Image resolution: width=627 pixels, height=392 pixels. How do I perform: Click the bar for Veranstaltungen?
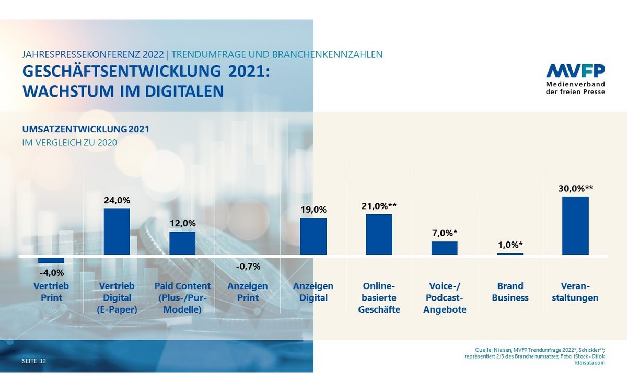click(575, 226)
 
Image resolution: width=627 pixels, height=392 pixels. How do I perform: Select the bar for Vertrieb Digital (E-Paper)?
click(117, 232)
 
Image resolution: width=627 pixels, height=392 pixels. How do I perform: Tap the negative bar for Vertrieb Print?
click(51, 260)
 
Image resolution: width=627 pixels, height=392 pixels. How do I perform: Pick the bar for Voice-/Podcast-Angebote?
click(444, 248)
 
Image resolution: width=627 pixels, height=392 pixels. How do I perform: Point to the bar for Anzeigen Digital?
click(313, 236)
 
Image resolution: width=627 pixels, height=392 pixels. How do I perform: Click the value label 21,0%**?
click(379, 206)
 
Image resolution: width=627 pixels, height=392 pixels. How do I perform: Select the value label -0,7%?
click(248, 266)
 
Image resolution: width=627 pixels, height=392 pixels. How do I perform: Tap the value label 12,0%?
click(182, 223)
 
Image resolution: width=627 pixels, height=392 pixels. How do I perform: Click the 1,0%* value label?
click(510, 245)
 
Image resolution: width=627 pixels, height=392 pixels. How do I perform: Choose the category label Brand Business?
click(510, 292)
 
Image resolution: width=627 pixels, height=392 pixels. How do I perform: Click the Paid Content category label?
click(182, 297)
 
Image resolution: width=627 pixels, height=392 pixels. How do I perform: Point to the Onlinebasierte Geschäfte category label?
click(379, 297)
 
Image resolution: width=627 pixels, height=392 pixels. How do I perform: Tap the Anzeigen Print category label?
click(248, 292)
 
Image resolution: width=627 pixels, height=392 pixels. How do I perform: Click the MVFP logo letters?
click(575, 71)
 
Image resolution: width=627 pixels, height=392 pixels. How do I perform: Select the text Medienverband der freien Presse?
click(575, 88)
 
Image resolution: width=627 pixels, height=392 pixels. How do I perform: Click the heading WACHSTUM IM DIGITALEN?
click(123, 91)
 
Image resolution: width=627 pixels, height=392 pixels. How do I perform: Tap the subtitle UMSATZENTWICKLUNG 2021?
click(89, 129)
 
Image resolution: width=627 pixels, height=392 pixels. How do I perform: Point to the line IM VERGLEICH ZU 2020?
click(69, 142)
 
